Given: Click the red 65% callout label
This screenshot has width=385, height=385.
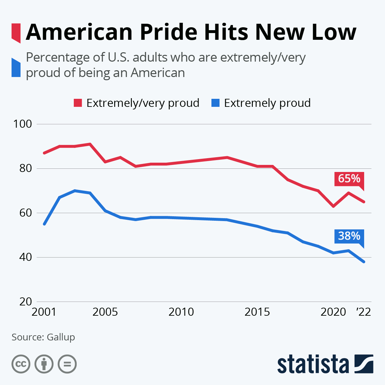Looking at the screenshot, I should point(349,178).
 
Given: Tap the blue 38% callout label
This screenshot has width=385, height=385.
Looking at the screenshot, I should point(349,236).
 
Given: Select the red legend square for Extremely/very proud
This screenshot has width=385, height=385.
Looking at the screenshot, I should point(78,103).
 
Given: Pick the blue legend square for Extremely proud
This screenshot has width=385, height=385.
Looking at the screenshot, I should point(215,103).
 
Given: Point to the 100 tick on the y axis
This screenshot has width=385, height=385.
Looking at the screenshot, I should point(22,124).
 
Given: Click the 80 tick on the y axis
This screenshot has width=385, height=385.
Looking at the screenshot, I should point(26,168).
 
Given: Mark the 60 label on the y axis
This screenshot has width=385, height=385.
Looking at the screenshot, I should point(26,213).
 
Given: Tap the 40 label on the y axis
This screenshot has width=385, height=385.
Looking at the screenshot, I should point(26,257).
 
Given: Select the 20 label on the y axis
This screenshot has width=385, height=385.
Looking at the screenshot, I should point(26,302).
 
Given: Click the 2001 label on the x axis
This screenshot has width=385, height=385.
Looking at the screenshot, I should point(44,312).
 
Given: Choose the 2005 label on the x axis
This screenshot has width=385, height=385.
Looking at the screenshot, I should point(105,312).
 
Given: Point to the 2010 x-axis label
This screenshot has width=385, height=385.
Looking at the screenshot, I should point(181,312).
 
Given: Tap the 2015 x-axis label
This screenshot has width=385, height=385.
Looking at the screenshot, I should point(257,312).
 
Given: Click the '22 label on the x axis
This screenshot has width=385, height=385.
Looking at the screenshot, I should point(364,312).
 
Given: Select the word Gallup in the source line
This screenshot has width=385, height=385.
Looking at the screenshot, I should point(61,337).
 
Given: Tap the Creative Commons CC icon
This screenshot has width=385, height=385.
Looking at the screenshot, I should point(21,364).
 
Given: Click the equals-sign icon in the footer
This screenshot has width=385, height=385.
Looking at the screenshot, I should point(67,364).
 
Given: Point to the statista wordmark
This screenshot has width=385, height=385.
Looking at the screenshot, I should point(313,364).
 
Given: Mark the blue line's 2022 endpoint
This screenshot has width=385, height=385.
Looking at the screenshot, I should point(364,262).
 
